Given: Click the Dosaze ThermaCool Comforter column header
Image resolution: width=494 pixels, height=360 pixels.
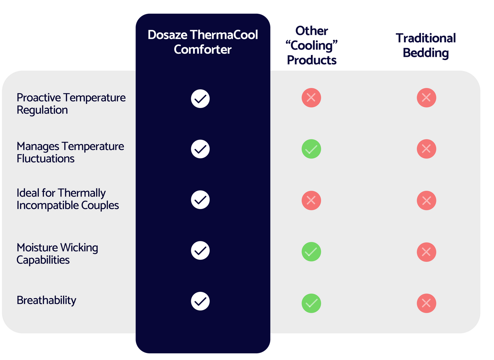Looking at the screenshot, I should (203, 42).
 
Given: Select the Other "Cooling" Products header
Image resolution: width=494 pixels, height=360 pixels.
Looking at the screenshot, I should (312, 46).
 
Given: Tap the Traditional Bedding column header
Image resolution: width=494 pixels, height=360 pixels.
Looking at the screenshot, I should (426, 45).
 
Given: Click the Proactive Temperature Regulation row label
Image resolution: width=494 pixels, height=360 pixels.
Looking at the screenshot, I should (71, 103).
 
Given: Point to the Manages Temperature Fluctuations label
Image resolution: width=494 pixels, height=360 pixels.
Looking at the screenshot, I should (70, 152).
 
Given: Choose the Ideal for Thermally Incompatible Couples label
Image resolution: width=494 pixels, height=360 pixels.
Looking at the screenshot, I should (67, 199).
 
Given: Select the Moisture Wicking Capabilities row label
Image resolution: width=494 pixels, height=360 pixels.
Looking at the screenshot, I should (57, 253).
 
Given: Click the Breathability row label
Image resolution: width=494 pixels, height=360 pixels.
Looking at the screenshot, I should (46, 300).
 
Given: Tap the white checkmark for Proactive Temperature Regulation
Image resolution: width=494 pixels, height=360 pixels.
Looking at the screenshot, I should (200, 98).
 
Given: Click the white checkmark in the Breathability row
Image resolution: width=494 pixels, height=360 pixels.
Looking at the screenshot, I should (200, 301).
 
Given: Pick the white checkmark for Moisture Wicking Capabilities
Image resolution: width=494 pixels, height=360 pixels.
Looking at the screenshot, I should (200, 250).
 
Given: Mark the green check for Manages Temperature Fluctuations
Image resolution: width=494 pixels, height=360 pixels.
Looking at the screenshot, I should (311, 149).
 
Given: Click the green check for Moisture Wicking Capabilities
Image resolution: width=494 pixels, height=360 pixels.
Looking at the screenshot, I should (311, 252).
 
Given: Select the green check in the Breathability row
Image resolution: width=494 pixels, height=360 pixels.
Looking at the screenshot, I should (311, 303).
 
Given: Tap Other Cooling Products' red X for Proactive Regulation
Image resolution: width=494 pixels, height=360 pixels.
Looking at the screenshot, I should (311, 98).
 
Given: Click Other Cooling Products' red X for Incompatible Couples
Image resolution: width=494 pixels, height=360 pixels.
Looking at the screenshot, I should (311, 200).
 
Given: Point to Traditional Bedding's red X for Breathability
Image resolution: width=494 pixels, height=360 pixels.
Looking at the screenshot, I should (426, 303).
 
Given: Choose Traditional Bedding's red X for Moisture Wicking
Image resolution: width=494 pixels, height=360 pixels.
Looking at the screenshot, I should (426, 252).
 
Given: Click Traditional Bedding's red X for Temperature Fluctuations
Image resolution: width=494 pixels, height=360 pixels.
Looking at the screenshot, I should (426, 149).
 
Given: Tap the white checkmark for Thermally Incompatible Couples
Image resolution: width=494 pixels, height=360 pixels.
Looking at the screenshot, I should (200, 200).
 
